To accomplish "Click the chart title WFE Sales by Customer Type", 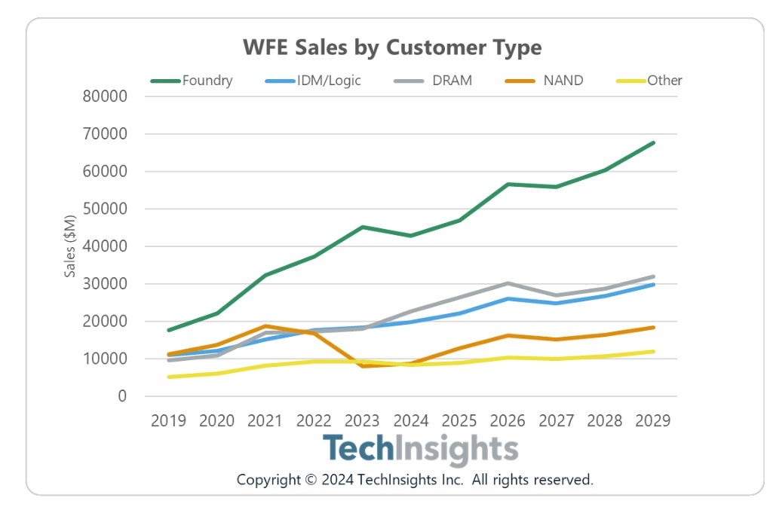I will pos(392,47).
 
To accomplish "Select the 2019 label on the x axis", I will pos(168,420).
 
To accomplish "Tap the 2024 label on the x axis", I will pos(411,420).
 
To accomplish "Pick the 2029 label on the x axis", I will pos(653,420).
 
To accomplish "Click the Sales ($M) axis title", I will pos(70,246).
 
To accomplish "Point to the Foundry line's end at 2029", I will pos(653,142).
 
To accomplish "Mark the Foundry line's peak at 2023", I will pos(363,227).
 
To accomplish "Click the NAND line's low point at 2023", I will pos(363,366).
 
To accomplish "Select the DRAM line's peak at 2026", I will pos(508,283).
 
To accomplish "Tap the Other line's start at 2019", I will pos(168,377).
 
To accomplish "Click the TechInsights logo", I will pos(420,449).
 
